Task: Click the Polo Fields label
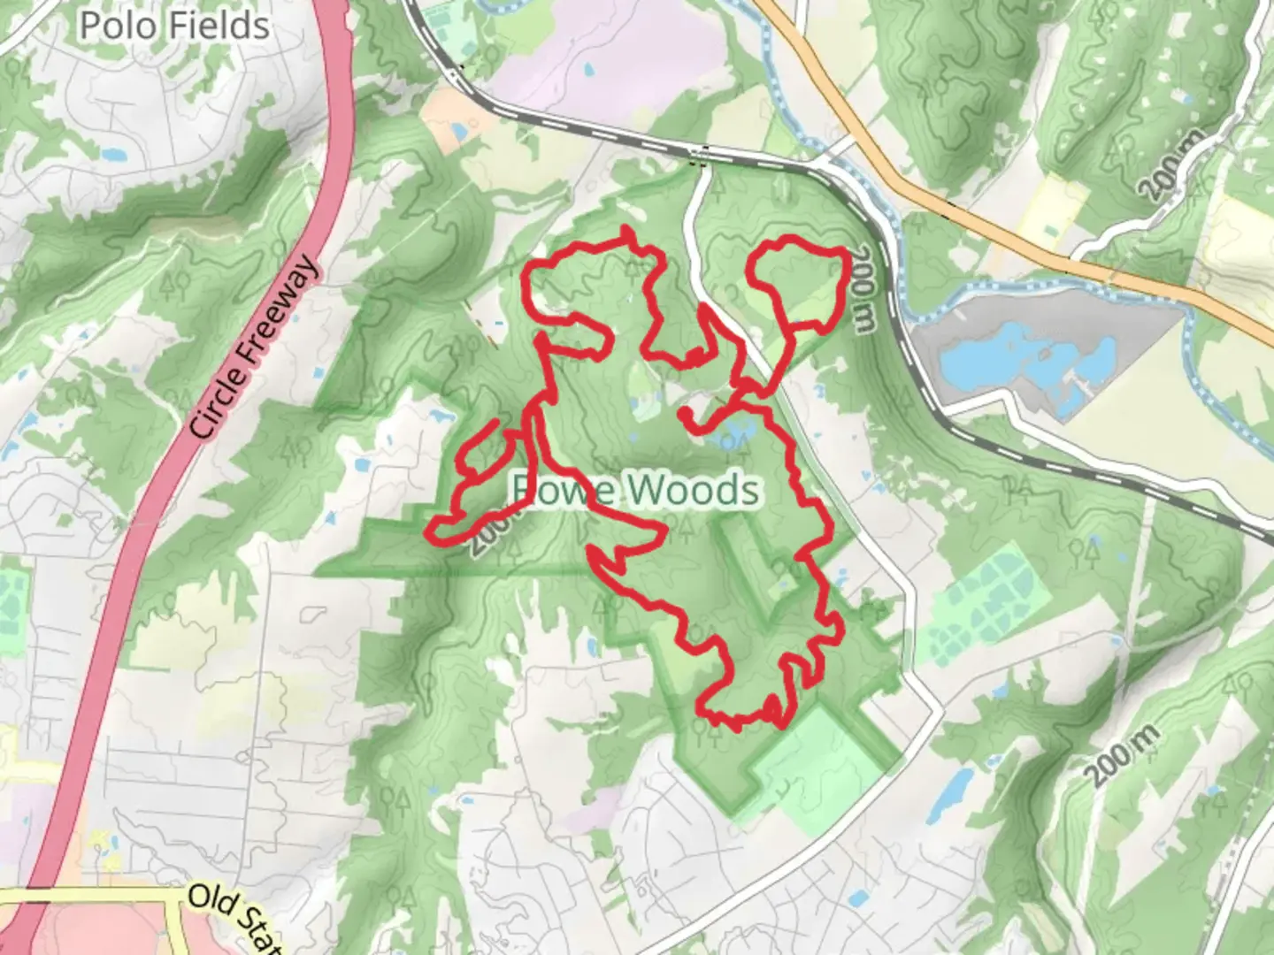[174, 26]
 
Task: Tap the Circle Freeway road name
[254, 348]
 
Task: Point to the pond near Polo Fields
[113, 154]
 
